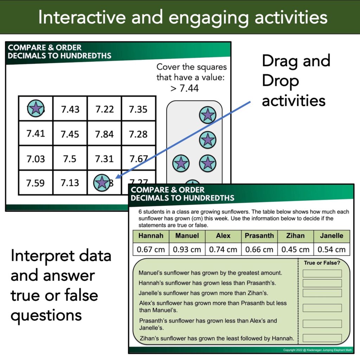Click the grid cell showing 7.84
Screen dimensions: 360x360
(104, 134)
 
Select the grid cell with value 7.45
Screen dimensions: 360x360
(70, 134)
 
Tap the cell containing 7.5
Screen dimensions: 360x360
(70, 159)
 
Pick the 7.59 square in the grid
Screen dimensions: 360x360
(36, 183)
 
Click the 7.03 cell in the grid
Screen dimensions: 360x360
(36, 159)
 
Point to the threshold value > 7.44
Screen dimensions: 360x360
(185, 88)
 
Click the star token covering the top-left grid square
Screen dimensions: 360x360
(36, 108)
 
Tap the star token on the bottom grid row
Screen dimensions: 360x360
(102, 183)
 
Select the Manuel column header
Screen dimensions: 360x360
(187, 236)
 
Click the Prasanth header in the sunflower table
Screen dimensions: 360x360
(259, 236)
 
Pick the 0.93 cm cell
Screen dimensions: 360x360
(187, 249)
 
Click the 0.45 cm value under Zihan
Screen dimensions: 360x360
(295, 249)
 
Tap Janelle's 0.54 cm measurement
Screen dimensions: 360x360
(332, 249)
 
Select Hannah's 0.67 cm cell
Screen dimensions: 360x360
(151, 249)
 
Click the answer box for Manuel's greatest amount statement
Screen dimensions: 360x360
(322, 274)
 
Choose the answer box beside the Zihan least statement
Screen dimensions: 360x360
(322, 338)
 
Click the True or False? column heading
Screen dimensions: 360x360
(322, 263)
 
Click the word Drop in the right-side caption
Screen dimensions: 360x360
(280, 81)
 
